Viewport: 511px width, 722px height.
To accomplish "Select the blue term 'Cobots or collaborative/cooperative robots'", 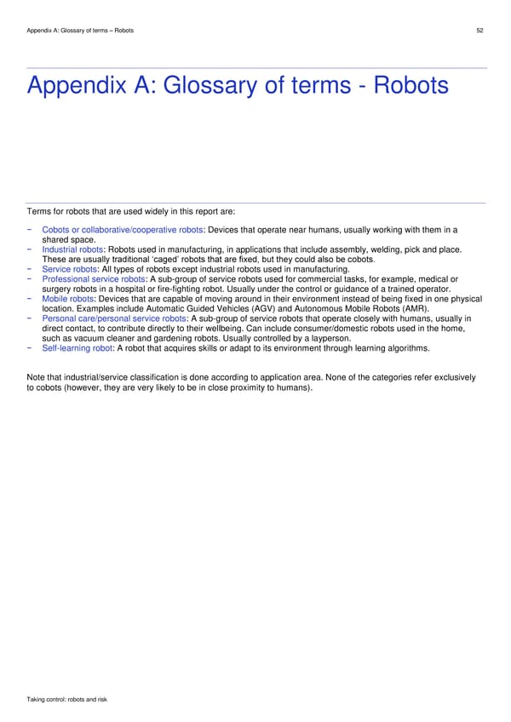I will [122, 230].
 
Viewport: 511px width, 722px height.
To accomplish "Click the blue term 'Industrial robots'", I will [72, 249].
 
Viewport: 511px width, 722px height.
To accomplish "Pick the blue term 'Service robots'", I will [69, 270].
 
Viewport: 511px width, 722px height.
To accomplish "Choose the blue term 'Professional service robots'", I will [93, 279].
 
